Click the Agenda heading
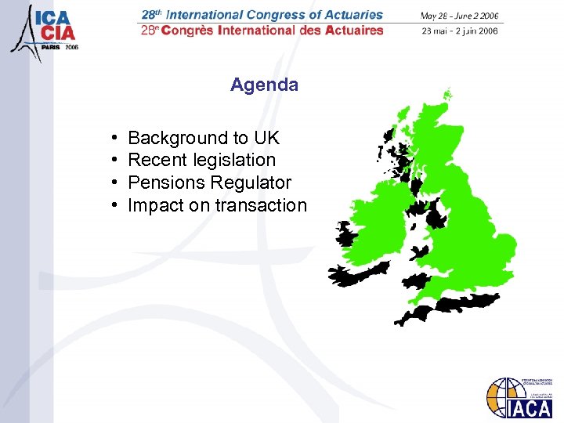point(264,85)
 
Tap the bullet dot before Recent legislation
point(114,161)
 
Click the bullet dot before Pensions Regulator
point(114,183)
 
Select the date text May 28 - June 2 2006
point(459,16)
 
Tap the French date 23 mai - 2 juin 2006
point(459,31)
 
